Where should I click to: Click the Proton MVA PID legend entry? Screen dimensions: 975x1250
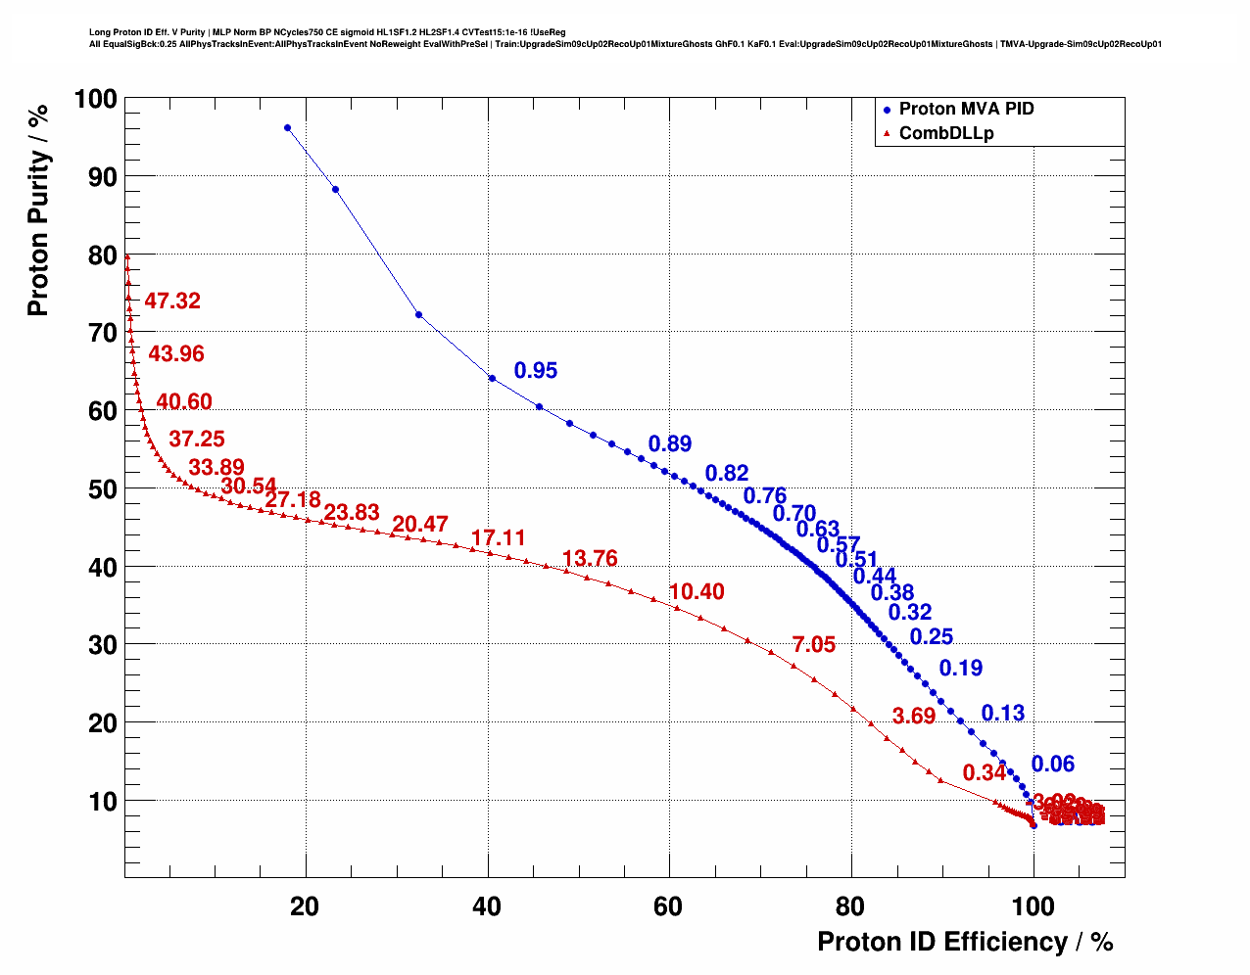[965, 109]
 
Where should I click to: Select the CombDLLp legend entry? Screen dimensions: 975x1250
[945, 133]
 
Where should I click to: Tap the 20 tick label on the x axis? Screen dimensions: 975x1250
[305, 906]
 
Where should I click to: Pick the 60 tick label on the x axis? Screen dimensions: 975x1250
[668, 906]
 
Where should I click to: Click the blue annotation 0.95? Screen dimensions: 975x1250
[536, 370]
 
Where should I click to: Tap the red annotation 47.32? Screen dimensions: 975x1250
[172, 301]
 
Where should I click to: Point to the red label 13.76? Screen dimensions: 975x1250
[590, 558]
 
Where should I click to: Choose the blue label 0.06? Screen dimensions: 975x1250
[1053, 764]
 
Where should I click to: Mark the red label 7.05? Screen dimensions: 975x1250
[814, 644]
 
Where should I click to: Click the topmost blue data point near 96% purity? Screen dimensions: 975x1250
[287, 127]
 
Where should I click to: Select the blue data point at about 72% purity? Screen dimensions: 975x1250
[419, 314]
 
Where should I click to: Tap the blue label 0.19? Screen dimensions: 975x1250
[961, 668]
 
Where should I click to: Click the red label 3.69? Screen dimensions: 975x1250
[914, 716]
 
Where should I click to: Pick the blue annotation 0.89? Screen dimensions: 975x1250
[670, 443]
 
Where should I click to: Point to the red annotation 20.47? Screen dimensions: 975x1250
[420, 525]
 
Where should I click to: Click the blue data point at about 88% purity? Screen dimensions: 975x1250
[335, 189]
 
